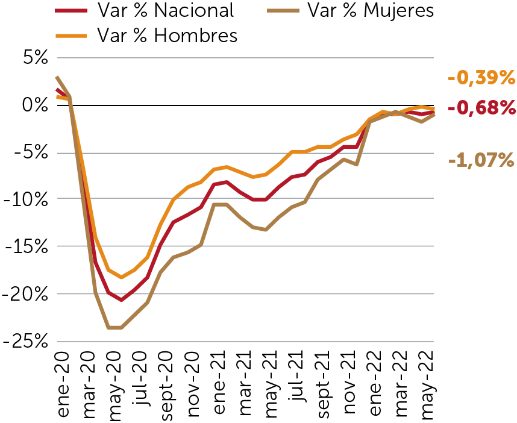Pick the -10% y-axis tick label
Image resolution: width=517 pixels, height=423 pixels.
coord(27,199)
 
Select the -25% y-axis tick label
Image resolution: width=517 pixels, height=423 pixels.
coord(27,340)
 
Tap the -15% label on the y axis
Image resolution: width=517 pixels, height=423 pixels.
coord(27,246)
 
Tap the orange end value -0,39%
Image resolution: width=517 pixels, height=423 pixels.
coord(481,78)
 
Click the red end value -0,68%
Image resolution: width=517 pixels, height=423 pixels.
coord(481,108)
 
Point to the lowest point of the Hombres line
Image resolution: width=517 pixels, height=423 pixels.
coord(122,277)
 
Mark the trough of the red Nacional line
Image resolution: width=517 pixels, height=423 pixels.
coord(122,299)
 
